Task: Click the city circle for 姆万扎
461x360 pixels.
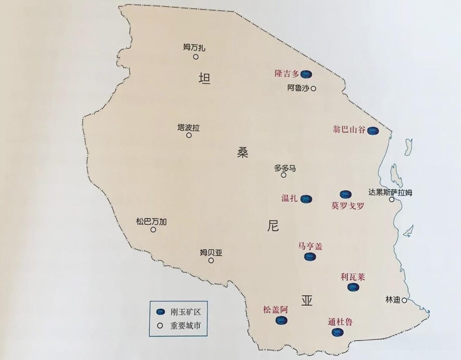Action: point(196,57)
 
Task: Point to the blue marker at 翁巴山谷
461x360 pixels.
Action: point(372,131)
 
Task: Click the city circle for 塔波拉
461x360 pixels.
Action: point(189,135)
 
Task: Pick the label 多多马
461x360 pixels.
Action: point(285,168)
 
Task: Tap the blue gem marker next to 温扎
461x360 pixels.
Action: point(307,199)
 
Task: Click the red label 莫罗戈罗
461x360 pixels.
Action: point(347,206)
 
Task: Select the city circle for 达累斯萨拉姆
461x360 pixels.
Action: point(392,199)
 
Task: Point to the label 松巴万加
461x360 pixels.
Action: point(151,221)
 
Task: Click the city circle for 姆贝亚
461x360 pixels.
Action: point(211,260)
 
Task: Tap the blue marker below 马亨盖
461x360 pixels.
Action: point(310,257)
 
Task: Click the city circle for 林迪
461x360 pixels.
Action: point(404,300)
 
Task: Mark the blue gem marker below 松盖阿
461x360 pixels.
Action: point(282,320)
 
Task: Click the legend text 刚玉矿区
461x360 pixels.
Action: point(184,312)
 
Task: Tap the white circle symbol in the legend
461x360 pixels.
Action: point(159,324)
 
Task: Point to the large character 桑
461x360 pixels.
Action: point(243,152)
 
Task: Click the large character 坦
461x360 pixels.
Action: point(204,78)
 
